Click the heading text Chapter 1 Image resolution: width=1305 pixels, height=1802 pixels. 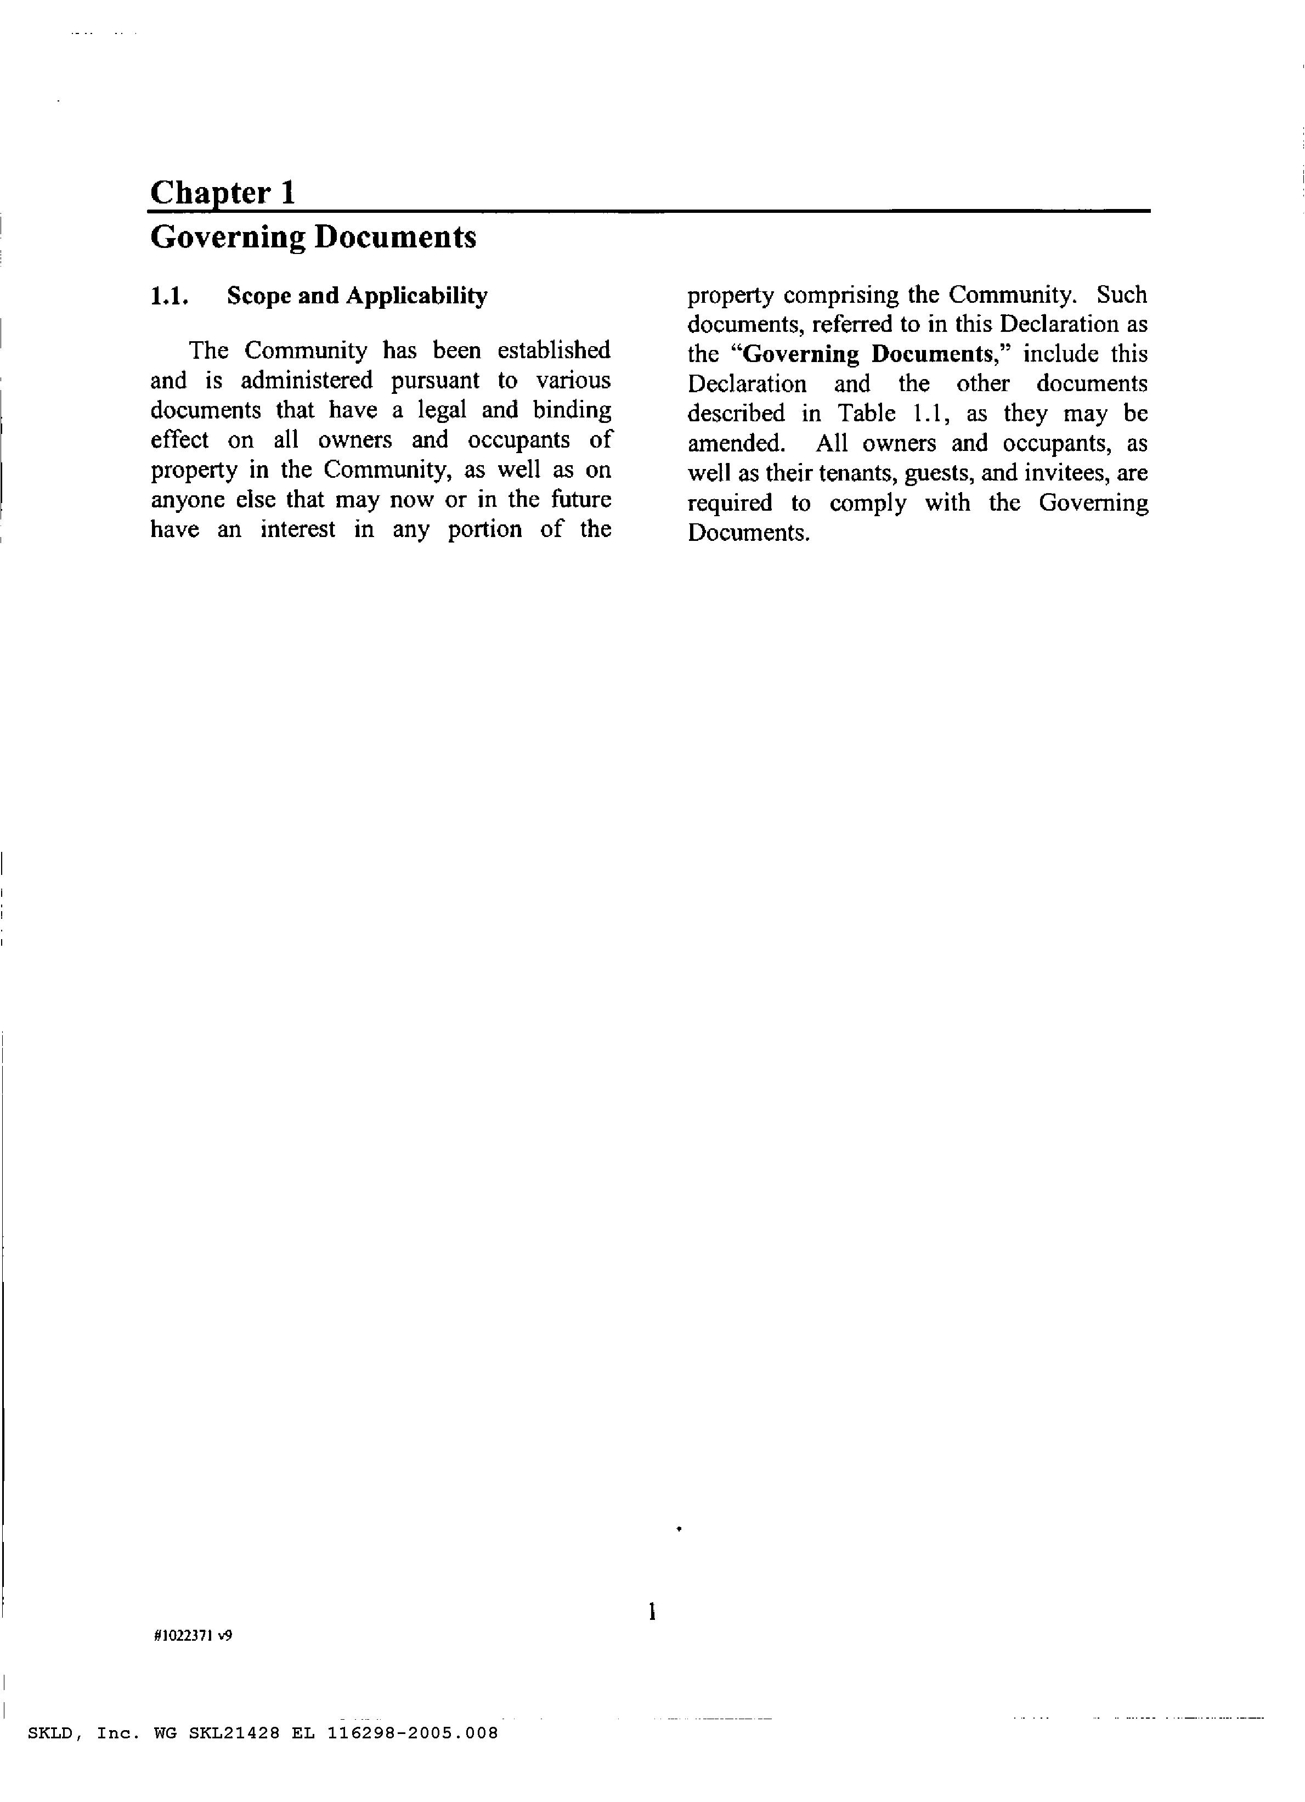[x=223, y=193]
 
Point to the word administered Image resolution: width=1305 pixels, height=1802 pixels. [x=307, y=381]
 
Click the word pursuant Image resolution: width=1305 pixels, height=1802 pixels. [x=436, y=381]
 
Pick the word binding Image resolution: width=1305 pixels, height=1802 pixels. [x=572, y=410]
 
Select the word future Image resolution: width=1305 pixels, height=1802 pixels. [x=581, y=500]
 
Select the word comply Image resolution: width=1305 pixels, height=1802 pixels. [x=868, y=504]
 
